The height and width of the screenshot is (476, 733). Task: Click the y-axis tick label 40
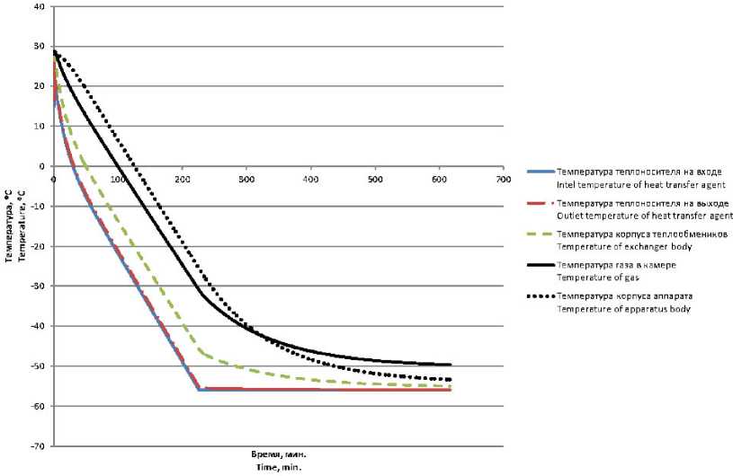38,6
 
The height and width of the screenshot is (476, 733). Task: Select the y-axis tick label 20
38,86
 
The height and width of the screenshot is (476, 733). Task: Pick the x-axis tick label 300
246,180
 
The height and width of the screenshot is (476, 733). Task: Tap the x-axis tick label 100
118,180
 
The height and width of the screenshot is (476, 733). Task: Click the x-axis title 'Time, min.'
274,466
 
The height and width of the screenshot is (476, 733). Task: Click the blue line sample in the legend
540,171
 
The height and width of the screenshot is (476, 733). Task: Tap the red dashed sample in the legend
540,203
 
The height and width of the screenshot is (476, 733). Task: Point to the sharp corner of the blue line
198,390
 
